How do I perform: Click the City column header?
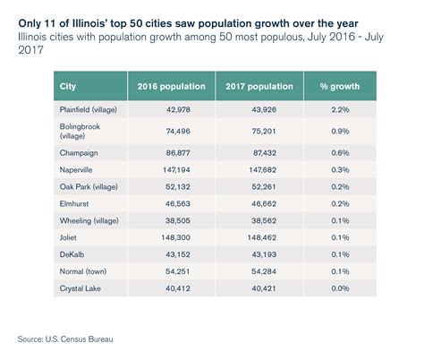[69, 87]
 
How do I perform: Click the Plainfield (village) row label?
[92, 109]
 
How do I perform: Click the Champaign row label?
[81, 152]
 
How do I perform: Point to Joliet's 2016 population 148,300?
[179, 240]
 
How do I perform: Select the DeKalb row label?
[73, 257]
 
